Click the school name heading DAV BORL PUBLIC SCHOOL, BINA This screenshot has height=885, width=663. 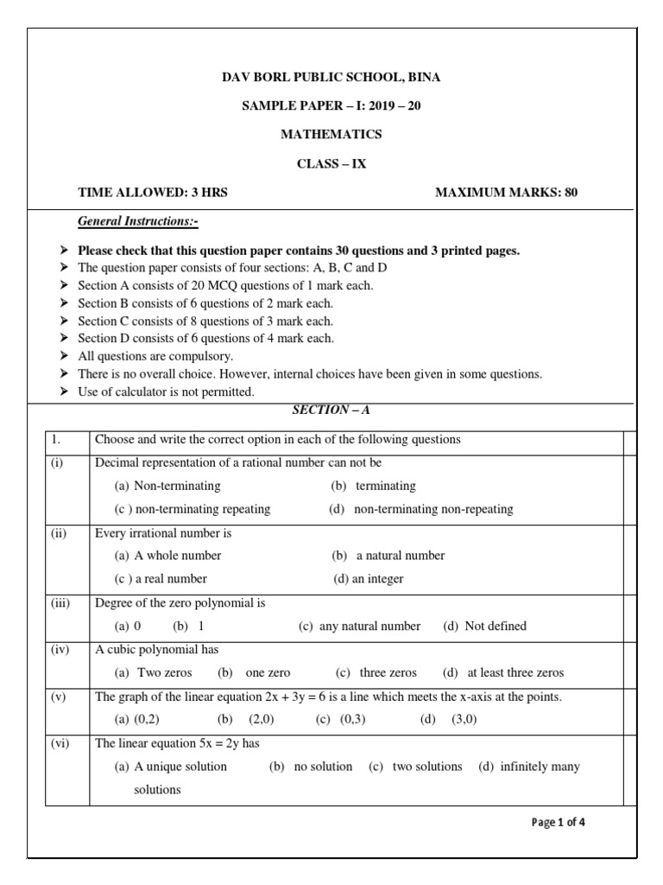click(331, 77)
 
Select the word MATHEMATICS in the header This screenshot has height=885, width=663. click(331, 135)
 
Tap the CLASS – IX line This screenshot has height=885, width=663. click(331, 163)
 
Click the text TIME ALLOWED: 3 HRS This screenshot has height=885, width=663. click(153, 192)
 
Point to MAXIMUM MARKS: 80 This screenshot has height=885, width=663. click(506, 192)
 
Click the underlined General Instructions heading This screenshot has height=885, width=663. click(138, 222)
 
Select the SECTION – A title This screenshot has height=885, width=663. click(331, 410)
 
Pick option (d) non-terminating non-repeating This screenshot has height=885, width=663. click(421, 509)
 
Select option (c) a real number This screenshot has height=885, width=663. click(161, 578)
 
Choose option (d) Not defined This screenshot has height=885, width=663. click(484, 626)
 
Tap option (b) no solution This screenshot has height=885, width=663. click(311, 767)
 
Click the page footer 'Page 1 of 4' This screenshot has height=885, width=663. click(559, 822)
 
